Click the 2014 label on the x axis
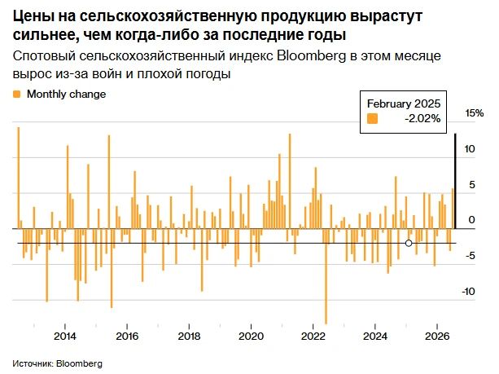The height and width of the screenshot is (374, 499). [x=65, y=336]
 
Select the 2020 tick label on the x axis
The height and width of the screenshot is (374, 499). [x=251, y=336]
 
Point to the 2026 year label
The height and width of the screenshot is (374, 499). [x=437, y=336]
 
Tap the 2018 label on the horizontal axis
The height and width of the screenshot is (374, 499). [x=189, y=336]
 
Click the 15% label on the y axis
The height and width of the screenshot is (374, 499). [x=475, y=113]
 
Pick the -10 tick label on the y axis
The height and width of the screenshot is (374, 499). [x=468, y=291]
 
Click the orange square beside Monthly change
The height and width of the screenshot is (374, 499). [x=16, y=95]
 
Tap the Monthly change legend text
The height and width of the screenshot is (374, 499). [x=66, y=95]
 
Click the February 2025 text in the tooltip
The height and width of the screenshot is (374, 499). [x=404, y=103]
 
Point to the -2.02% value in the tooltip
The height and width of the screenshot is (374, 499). [x=422, y=118]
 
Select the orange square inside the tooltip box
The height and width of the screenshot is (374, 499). [x=372, y=118]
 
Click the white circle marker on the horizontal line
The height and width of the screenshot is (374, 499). [x=409, y=244]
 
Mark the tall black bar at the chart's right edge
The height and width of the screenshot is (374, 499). [x=455, y=181]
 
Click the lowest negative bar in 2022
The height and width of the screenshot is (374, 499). [x=326, y=276]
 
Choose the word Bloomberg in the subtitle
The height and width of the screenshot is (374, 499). [x=311, y=55]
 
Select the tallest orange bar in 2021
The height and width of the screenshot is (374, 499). [x=290, y=181]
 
